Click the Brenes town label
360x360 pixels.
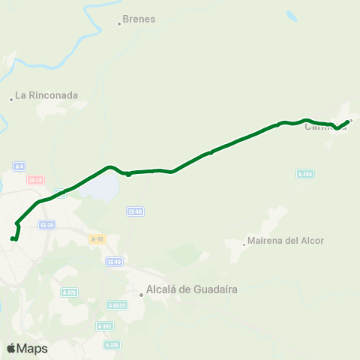click(x=139, y=19)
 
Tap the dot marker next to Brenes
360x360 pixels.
click(x=118, y=24)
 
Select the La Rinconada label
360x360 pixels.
click(x=47, y=95)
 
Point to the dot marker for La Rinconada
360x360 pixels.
click(x=11, y=99)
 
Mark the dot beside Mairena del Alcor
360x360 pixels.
click(x=244, y=243)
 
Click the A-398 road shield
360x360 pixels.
click(x=304, y=174)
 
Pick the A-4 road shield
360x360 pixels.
click(x=19, y=166)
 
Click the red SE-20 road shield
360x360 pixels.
click(x=34, y=180)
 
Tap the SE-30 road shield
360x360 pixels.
click(x=46, y=225)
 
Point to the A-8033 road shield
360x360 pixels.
click(x=115, y=305)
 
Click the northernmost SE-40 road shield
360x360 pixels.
click(x=135, y=211)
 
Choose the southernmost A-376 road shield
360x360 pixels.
click(x=112, y=345)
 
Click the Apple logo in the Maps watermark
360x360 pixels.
click(x=11, y=348)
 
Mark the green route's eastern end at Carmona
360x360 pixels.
click(x=347, y=121)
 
